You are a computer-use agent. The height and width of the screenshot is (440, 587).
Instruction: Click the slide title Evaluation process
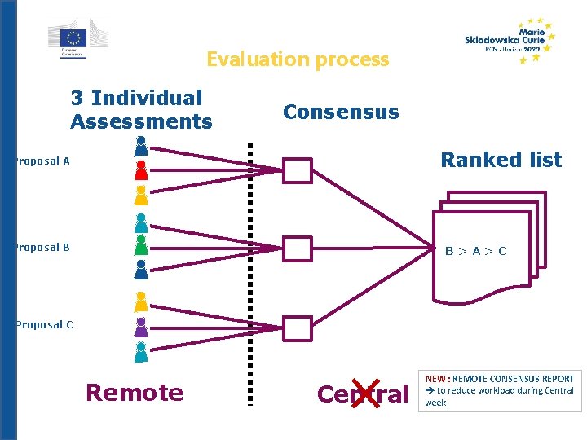coord(298,59)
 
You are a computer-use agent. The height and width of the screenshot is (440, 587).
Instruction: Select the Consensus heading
coord(341,112)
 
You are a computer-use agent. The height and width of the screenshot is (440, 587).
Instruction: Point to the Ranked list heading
coord(501,160)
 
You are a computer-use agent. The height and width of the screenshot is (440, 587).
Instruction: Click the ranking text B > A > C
coord(476,251)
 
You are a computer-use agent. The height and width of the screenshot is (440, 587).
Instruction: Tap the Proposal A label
coord(41,161)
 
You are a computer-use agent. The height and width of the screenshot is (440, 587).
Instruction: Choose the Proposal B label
coord(41,248)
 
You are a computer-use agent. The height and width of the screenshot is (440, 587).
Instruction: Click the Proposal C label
coord(42,325)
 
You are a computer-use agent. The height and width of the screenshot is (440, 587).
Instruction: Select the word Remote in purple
coord(135,393)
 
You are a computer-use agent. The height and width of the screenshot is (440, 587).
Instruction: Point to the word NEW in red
coord(435,379)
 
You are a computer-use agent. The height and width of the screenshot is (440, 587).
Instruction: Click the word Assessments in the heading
coord(141,122)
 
